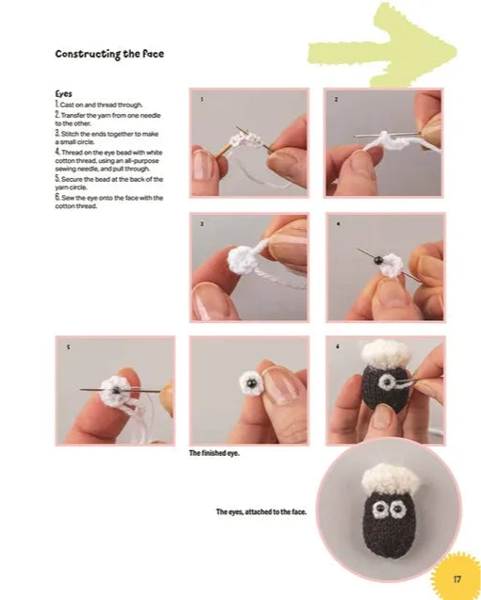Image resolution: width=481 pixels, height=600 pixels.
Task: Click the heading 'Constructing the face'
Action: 109,54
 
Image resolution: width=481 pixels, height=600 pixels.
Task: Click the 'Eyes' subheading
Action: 63,94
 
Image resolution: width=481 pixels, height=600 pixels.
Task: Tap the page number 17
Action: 457,579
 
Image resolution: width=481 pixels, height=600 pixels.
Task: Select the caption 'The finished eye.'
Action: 214,453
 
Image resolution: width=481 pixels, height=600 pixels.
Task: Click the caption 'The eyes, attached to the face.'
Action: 261,511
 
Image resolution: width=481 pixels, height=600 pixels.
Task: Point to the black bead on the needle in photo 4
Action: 378,261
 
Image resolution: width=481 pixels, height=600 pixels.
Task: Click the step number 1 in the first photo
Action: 203,100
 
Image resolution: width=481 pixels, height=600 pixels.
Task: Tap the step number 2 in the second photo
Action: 336,100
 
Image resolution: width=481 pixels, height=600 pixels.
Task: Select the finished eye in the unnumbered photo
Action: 250,383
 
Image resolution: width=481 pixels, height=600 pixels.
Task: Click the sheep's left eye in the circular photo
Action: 379,509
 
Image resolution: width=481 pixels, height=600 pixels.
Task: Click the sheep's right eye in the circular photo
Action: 398,511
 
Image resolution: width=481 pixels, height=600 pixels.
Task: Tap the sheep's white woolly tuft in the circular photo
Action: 390,479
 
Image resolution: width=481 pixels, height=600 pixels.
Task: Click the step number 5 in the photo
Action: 68,348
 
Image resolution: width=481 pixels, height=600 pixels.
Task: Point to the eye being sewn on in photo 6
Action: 388,381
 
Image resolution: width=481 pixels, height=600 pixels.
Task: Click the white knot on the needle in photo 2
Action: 383,135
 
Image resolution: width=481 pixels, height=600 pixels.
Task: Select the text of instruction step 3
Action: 107,138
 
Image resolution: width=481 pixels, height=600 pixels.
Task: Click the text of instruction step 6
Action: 109,202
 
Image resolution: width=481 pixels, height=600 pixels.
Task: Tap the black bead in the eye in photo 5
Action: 116,390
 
